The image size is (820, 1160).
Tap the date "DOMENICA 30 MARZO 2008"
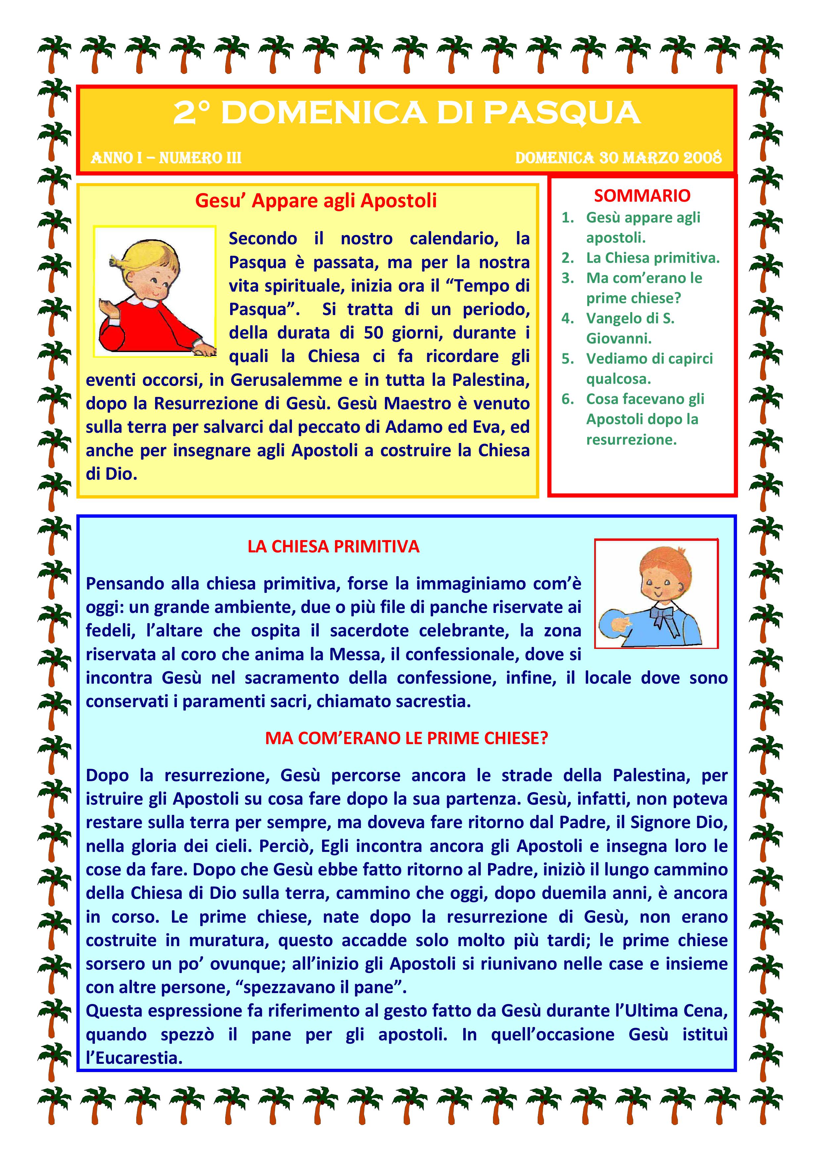[618, 158]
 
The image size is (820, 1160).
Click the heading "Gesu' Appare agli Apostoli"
[316, 201]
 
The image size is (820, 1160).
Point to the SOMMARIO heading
[642, 195]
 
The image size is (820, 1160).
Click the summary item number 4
[567, 318]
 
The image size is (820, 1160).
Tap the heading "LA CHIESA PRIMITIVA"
[334, 547]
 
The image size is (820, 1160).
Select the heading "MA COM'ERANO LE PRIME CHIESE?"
[406, 738]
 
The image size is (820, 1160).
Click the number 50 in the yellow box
[375, 333]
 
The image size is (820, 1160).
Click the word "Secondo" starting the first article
[263, 238]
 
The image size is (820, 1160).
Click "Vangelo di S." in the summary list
[630, 318]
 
